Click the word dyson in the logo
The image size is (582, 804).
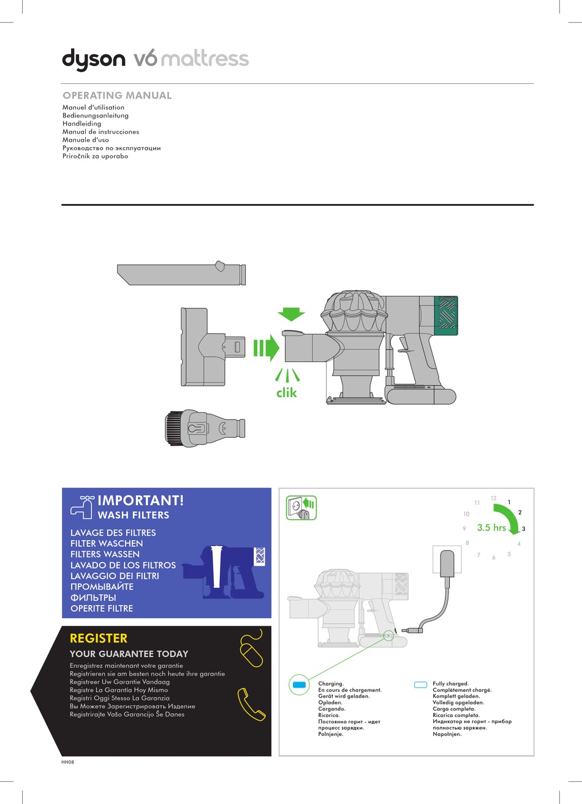(93, 60)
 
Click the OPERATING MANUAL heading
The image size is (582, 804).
(117, 96)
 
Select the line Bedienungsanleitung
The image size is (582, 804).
(96, 115)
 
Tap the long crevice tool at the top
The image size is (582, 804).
(181, 273)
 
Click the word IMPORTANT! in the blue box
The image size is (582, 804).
(140, 500)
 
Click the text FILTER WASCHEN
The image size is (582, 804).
(107, 543)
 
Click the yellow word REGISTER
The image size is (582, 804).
(99, 638)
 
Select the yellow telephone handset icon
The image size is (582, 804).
(251, 704)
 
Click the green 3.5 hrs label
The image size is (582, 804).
(491, 527)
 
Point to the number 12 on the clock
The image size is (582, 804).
(493, 498)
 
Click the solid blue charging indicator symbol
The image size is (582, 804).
(299, 685)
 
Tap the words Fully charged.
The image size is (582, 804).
(450, 683)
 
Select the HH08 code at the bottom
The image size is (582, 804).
(67, 762)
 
